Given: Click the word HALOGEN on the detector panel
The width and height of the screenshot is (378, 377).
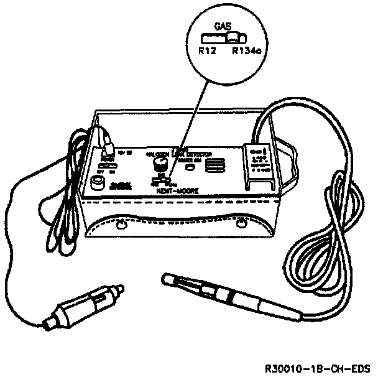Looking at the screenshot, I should [158, 154].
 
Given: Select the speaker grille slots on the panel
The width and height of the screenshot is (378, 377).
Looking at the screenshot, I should [213, 165].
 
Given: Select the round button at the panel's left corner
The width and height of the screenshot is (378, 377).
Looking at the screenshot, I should [98, 182].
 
